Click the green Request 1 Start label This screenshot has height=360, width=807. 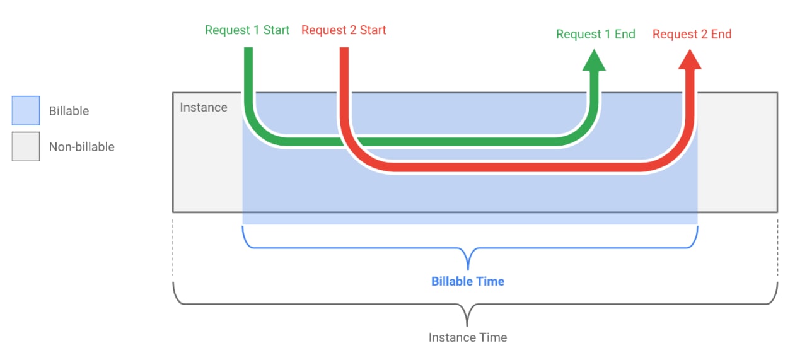pos(247,30)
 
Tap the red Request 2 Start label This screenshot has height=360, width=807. pos(344,30)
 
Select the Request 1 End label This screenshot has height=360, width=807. pos(596,34)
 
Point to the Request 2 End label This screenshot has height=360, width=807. pos(692,34)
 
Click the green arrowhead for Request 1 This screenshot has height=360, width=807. pos(594,61)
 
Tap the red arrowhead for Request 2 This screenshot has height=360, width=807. pos(690,60)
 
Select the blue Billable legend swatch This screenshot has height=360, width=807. pos(26,110)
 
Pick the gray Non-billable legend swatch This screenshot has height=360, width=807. pos(26,146)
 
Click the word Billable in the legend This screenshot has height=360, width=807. pos(69,111)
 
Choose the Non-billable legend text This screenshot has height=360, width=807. pos(82,147)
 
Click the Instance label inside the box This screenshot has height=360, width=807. pos(204,107)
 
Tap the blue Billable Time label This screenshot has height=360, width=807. pos(468,281)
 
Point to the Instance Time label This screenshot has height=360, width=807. pos(468,338)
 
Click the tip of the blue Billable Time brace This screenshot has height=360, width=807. pos(468,270)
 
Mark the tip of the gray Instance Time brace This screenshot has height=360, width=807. pos(467,326)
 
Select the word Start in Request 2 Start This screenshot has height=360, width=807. pos(373,30)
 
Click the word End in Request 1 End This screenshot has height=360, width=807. pos(625,34)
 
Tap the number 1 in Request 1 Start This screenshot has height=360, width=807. pos(257,30)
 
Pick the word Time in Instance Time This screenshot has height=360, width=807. pos(493,338)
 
